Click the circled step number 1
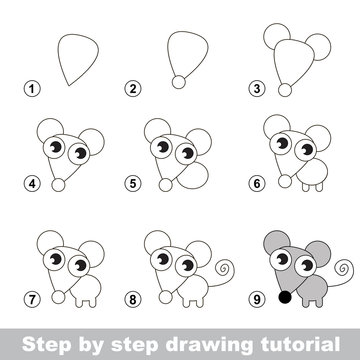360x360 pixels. click(x=34, y=89)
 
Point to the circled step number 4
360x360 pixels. click(x=34, y=185)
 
